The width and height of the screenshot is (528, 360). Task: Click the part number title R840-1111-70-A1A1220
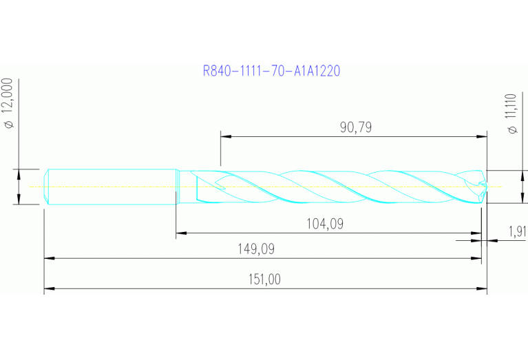(272, 70)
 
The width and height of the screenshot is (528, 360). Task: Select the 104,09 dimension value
(324, 224)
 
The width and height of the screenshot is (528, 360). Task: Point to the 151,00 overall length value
(264, 279)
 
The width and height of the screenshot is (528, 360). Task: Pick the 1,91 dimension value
(517, 231)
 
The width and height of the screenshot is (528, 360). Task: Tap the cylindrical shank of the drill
(110, 187)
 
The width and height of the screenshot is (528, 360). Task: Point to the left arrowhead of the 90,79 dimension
(224, 136)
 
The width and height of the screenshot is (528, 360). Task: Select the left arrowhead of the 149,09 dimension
(47, 259)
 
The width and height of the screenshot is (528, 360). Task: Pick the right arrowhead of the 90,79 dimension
(483, 136)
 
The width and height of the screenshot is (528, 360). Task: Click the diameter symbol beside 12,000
(9, 125)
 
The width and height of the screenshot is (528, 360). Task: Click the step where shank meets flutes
(178, 187)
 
